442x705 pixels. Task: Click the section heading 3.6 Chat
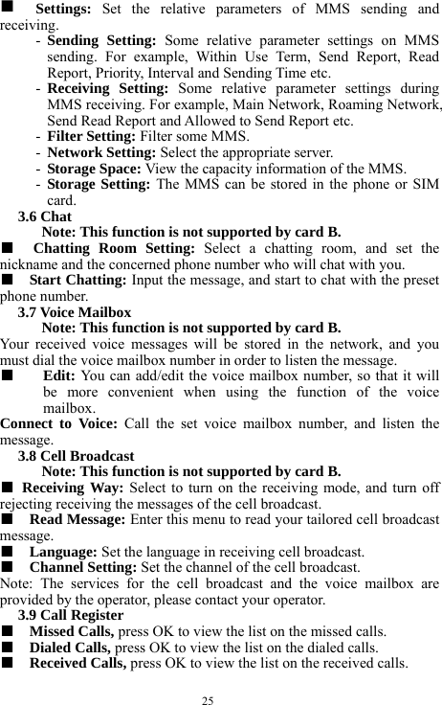44,217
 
